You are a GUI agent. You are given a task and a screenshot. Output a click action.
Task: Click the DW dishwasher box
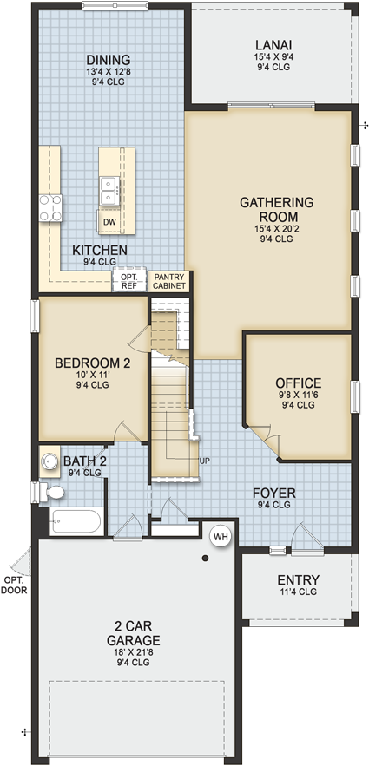109,221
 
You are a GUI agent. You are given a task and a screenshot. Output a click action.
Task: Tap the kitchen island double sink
109,186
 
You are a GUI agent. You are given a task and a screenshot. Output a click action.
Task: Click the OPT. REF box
128,280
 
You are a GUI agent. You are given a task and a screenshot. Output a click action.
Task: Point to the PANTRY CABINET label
169,280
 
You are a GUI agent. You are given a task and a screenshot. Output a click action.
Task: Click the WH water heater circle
220,536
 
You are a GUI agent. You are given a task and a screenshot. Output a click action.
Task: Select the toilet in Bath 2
53,493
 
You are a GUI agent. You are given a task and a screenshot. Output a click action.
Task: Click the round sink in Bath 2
49,461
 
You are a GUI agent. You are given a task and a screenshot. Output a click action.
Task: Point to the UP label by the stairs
204,461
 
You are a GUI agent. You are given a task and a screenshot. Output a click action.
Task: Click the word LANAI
273,45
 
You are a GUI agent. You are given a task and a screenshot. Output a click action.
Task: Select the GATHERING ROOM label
276,210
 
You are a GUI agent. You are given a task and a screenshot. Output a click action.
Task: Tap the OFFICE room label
298,382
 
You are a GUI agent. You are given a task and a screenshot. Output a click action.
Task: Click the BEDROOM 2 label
93,363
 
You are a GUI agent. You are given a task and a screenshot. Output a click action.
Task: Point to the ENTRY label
298,579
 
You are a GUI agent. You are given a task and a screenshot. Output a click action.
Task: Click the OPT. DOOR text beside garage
14,584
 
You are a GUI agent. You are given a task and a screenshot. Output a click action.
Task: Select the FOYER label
273,493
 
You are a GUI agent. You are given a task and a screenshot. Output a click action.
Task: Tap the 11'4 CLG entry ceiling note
298,592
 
